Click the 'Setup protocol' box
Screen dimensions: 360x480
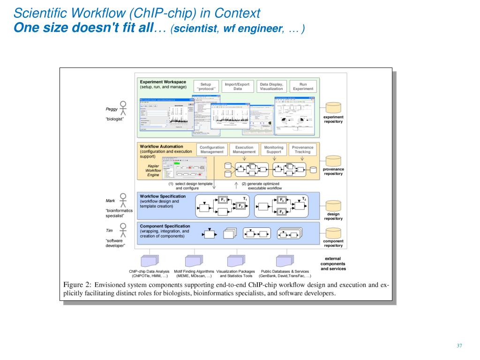pyautogui.click(x=206, y=87)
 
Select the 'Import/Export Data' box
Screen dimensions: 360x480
pyautogui.click(x=238, y=87)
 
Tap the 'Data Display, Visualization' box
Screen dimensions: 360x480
pyautogui.click(x=271, y=87)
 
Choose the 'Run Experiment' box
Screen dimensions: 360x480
pyautogui.click(x=303, y=87)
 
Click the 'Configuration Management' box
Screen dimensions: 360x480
pyautogui.click(x=212, y=150)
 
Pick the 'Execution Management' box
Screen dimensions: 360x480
pyautogui.click(x=244, y=150)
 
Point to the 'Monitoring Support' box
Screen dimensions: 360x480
pyautogui.click(x=274, y=150)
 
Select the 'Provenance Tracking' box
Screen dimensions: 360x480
pyautogui.click(x=302, y=150)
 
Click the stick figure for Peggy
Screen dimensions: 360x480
pyautogui.click(x=123, y=108)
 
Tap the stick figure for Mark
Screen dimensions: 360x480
pyautogui.click(x=123, y=199)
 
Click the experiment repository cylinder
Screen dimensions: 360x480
pyautogui.click(x=333, y=108)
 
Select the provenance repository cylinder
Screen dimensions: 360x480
pyautogui.click(x=333, y=161)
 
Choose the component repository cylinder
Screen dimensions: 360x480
pyautogui.click(x=333, y=232)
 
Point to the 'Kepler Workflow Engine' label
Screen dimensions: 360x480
pyautogui.click(x=153, y=171)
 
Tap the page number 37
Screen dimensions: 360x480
pyautogui.click(x=459, y=346)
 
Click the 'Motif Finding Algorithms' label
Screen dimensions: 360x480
pyautogui.click(x=194, y=271)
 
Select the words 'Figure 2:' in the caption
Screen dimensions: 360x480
pyautogui.click(x=77, y=285)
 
